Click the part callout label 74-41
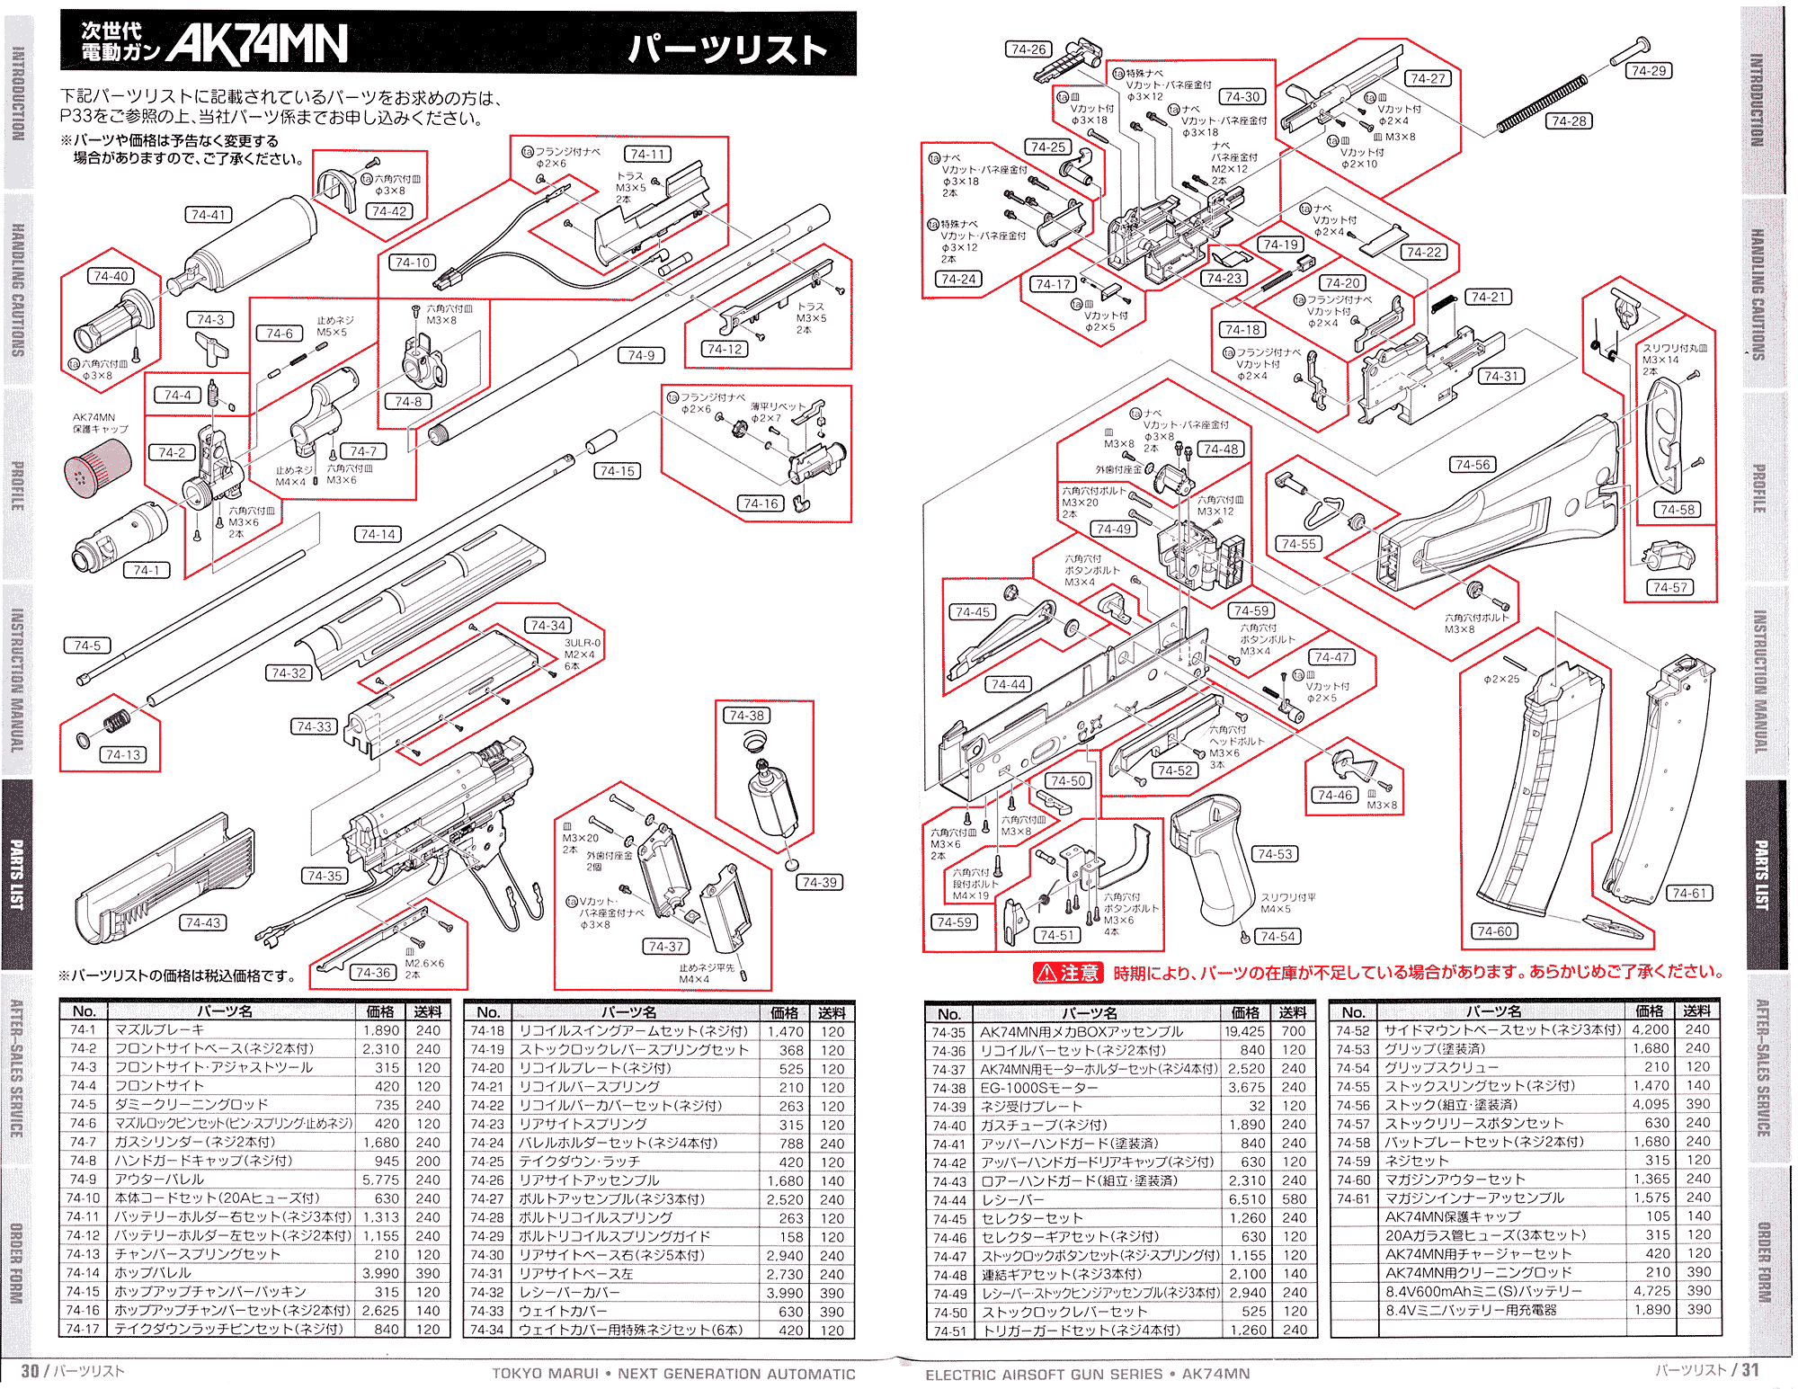click(x=208, y=215)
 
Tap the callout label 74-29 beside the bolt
click(x=1649, y=70)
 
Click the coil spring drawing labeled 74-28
click(x=1542, y=104)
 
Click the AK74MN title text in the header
click(x=256, y=43)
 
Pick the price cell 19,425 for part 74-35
click(x=1243, y=1032)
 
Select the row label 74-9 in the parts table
click(x=83, y=1179)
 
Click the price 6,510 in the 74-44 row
click(x=1247, y=1199)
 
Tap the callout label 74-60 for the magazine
click(x=1493, y=931)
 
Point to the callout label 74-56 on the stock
click(x=1472, y=465)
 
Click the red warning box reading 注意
click(x=1069, y=973)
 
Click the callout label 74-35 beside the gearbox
click(x=324, y=876)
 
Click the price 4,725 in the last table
click(x=1651, y=1291)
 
